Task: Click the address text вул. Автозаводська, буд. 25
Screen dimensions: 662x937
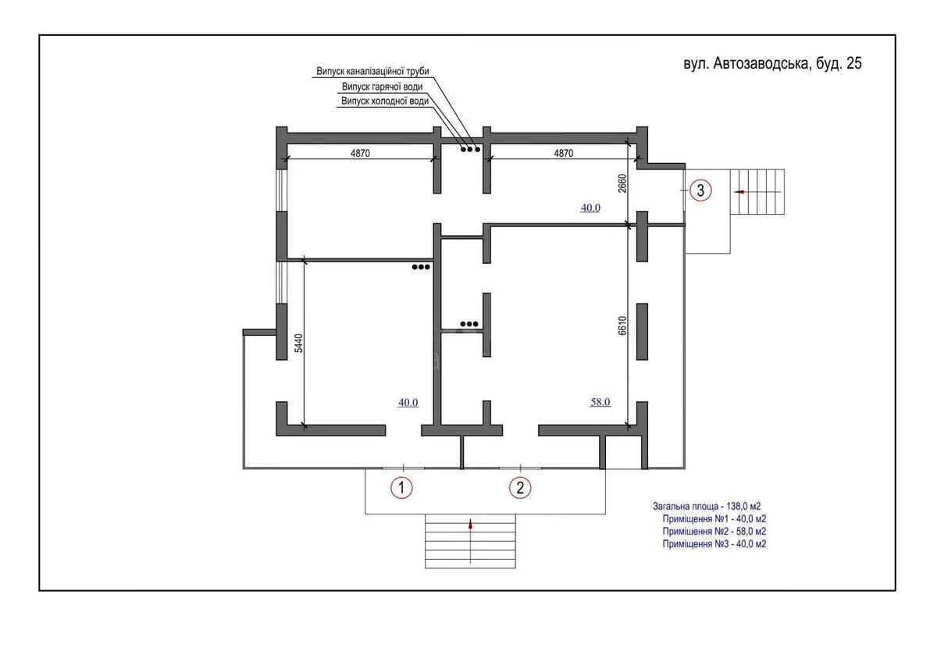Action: pos(772,64)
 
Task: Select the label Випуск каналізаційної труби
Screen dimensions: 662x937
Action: pos(372,71)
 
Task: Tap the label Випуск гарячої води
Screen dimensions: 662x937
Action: pos(382,87)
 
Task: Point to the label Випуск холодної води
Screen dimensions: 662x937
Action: pos(384,101)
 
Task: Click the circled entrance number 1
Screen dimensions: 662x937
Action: pos(401,488)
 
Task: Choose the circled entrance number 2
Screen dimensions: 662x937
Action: pos(520,488)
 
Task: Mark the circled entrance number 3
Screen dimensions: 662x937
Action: pos(701,190)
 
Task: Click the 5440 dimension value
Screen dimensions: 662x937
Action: pos(297,346)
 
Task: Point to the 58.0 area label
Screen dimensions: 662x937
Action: pos(600,403)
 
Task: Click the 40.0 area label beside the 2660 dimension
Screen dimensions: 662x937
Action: pos(590,208)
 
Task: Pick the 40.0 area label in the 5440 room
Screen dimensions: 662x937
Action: pos(408,403)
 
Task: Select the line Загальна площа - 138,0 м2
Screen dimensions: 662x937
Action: pos(707,507)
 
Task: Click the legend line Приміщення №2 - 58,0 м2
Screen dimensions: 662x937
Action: pos(714,532)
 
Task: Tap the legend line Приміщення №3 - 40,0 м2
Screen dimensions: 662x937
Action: pos(714,544)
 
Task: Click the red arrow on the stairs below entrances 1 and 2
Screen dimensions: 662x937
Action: pos(470,525)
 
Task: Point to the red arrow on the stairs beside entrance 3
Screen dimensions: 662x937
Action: pos(739,191)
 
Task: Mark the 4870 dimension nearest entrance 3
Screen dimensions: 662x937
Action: pos(564,154)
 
